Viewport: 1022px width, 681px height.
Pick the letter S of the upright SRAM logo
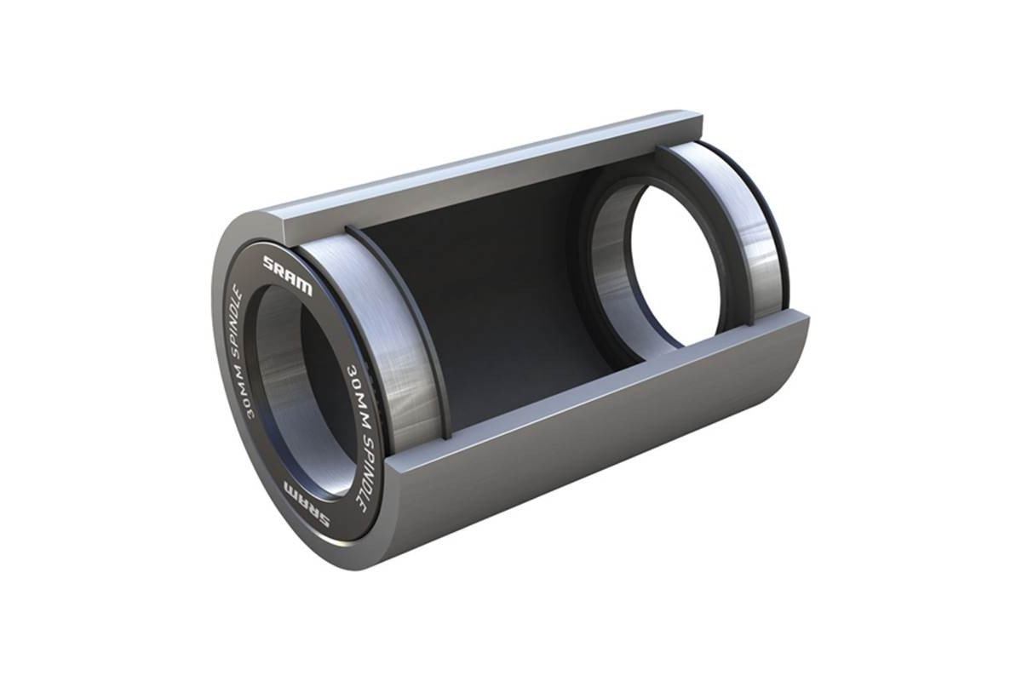[x=271, y=262]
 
